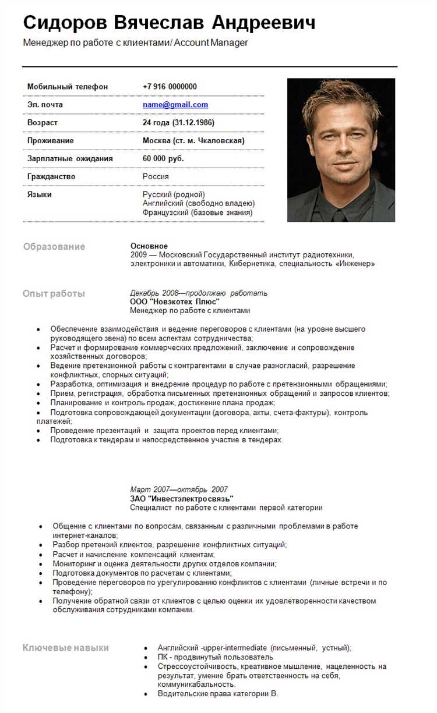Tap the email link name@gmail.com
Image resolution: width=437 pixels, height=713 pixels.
(x=175, y=105)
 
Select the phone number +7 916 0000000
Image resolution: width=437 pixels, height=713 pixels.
(x=170, y=87)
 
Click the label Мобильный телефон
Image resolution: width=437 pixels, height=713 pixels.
(x=68, y=87)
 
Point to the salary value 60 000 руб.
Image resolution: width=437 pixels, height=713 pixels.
(x=163, y=158)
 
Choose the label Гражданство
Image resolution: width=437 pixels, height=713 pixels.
(x=51, y=176)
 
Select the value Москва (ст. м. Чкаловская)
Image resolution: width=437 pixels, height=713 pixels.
(x=193, y=141)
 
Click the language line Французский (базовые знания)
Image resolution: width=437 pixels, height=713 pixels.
(x=198, y=212)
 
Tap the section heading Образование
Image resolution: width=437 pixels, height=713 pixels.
(x=54, y=247)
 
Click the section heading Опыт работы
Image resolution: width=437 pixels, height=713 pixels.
(x=54, y=293)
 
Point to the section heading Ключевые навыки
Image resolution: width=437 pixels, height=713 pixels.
(x=66, y=648)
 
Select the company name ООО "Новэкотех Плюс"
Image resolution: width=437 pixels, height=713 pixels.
(x=175, y=301)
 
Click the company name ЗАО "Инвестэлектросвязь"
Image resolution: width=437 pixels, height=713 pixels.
(x=182, y=499)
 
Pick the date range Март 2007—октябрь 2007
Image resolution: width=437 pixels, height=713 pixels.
(x=179, y=489)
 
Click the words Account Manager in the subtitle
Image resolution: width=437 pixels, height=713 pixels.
(x=211, y=42)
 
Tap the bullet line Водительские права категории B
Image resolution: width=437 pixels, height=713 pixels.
(x=218, y=694)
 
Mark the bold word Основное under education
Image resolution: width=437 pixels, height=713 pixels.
(x=149, y=246)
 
